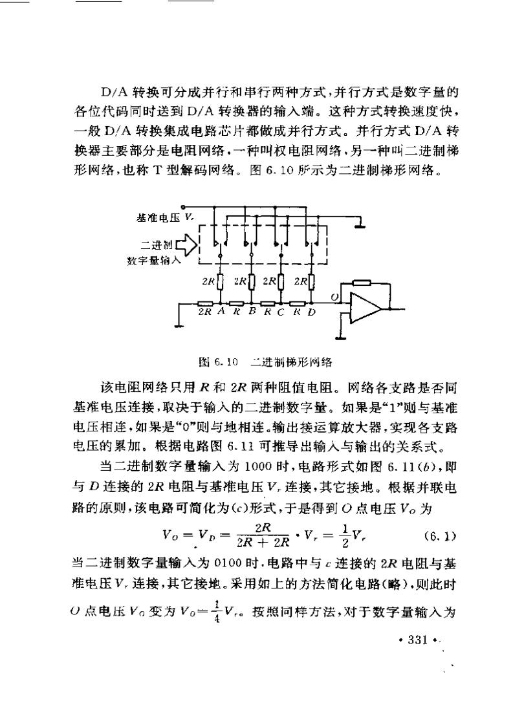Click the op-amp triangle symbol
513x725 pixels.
tap(364, 307)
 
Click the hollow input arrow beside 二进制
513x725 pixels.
tap(185, 246)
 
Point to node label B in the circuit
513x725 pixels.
tap(251, 312)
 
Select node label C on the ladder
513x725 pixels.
tap(281, 312)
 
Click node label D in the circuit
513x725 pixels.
tap(312, 312)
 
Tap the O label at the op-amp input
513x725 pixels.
tap(334, 297)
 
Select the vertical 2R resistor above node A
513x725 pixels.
tap(221, 282)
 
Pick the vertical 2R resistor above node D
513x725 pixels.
tap(312, 282)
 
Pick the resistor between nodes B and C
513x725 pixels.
tap(267, 303)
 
